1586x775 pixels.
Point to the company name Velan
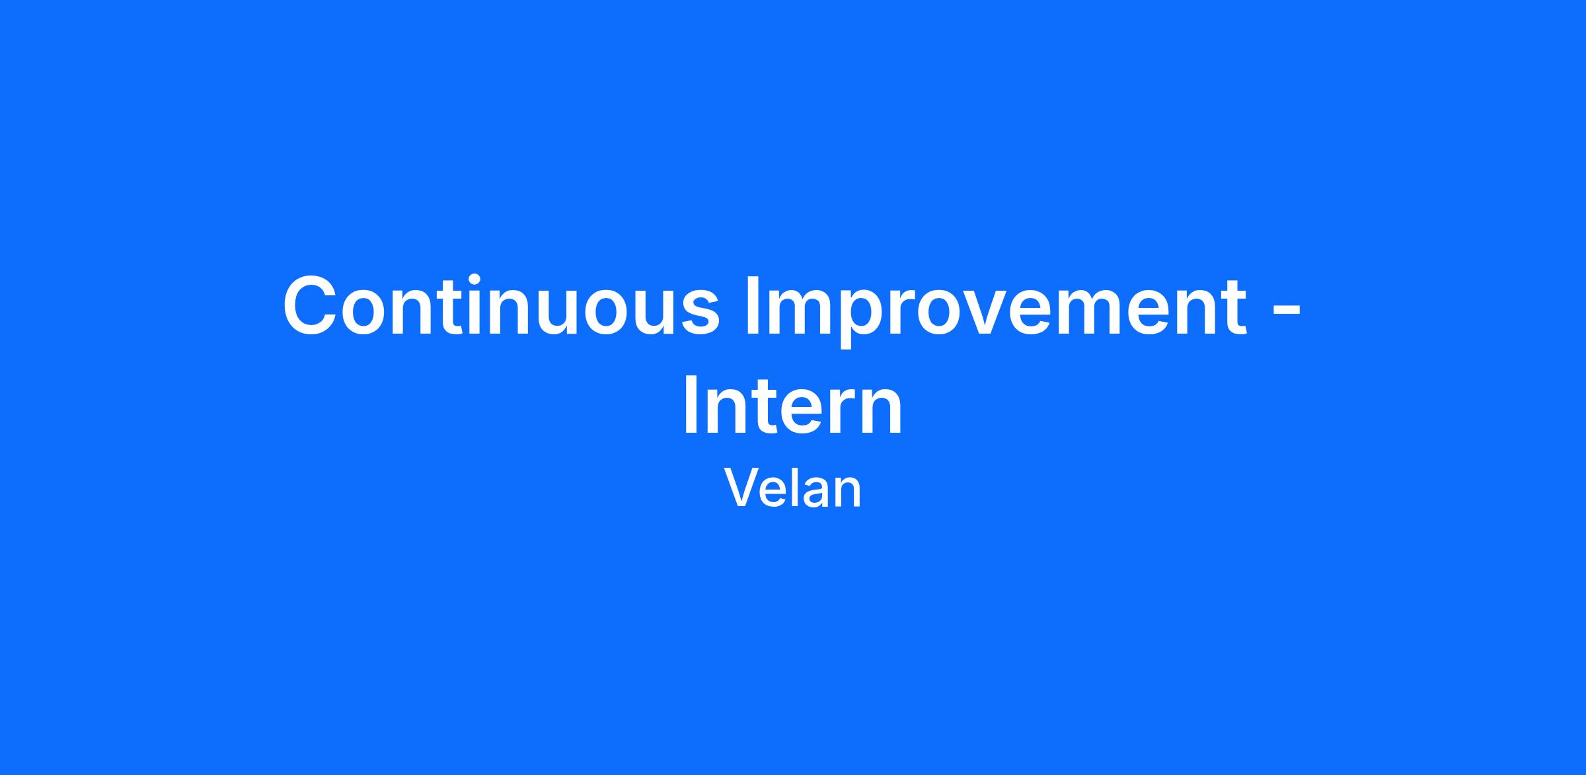pyautogui.click(x=793, y=488)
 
